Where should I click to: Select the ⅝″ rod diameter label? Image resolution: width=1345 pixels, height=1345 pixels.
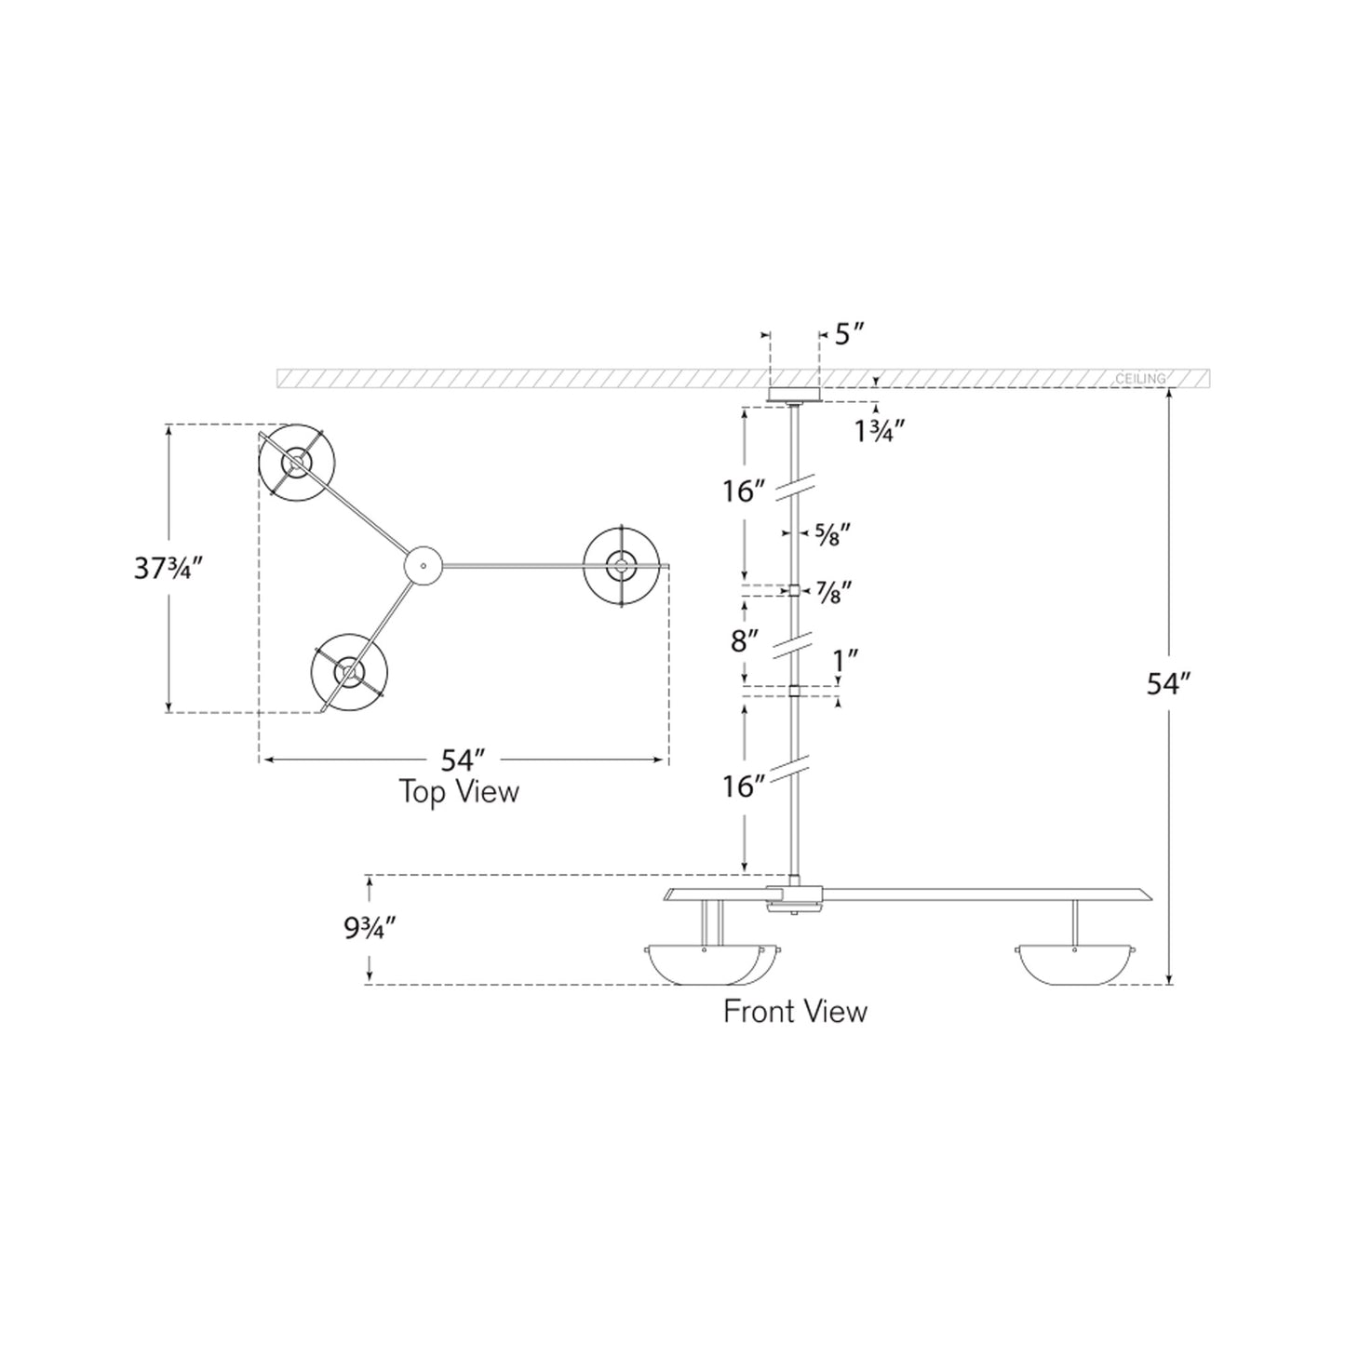832,533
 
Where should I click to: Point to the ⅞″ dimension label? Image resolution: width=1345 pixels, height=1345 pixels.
833,591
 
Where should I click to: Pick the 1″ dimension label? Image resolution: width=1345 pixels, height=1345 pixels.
845,661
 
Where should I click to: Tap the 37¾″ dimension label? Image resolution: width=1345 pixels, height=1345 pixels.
168,569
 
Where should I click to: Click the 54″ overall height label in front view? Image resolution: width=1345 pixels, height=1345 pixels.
1168,684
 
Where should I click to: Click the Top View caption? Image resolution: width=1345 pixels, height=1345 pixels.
459,792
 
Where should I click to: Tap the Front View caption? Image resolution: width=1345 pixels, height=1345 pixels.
795,1012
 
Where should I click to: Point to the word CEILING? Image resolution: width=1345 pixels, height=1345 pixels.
1139,379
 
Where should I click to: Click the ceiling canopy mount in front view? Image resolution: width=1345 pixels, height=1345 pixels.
793,395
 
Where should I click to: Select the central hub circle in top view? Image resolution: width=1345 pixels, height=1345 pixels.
422,565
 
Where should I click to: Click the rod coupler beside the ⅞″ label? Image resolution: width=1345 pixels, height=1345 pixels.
794,590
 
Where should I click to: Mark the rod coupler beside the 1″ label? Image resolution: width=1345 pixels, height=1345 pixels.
794,691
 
